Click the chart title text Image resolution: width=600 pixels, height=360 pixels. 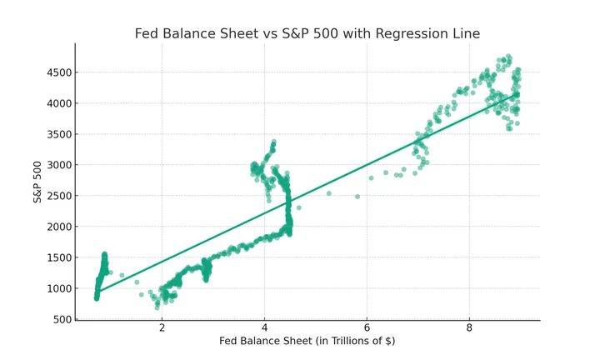click(307, 33)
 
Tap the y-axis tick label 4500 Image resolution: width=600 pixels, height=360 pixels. click(59, 72)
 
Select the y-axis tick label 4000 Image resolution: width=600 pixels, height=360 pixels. click(59, 103)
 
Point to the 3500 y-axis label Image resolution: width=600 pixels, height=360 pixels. click(59, 134)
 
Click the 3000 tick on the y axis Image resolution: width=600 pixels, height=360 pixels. click(59, 165)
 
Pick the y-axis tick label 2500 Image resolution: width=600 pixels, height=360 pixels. click(59, 196)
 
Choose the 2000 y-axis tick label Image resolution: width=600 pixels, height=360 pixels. click(59, 227)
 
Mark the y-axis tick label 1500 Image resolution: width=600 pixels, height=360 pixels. click(59, 257)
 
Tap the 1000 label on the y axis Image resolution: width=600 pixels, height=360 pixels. click(59, 288)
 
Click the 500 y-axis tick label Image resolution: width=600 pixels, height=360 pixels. click(62, 319)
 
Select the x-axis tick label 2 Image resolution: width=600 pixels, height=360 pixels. click(162, 327)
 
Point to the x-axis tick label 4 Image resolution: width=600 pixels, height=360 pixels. click(264, 327)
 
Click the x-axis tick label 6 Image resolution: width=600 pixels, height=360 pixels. click(367, 327)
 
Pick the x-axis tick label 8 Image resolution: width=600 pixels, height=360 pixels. click(469, 327)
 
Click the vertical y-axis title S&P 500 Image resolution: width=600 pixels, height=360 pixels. click(37, 182)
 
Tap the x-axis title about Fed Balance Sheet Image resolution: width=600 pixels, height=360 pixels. click(307, 341)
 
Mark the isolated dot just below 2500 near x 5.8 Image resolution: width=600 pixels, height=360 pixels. click(357, 197)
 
